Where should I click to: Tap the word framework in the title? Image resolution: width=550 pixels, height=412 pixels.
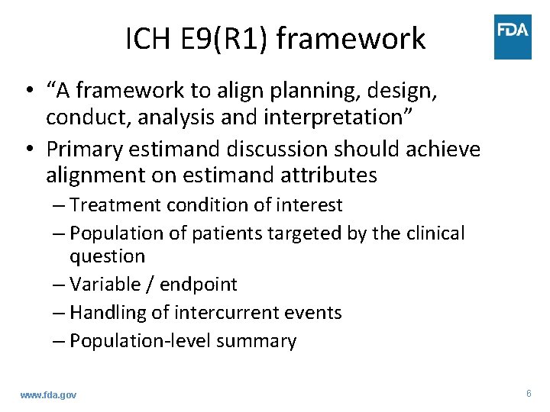point(351,38)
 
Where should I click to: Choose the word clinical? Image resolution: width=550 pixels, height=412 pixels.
point(429,233)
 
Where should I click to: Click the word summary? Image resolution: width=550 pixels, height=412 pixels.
point(257,341)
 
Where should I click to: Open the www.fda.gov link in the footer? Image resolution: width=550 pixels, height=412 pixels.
point(48,394)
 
